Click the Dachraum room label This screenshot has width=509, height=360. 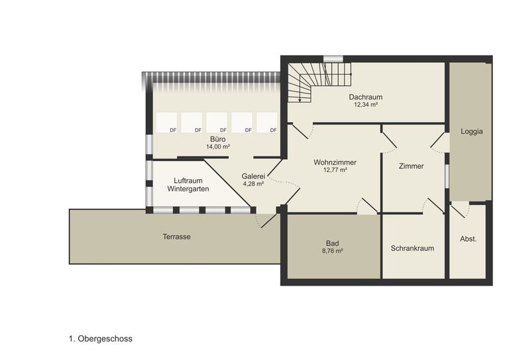[366, 97]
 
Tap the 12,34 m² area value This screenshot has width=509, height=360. [366, 105]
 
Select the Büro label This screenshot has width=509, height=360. [218, 139]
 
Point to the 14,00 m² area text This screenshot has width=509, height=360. [218, 147]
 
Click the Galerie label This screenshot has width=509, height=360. [253, 176]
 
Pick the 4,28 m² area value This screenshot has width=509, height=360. [253, 184]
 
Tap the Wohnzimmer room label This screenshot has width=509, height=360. [335, 162]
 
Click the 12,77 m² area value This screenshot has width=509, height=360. [335, 170]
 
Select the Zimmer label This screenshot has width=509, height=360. [412, 166]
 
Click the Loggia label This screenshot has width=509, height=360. [472, 131]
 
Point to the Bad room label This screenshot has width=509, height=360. [333, 243]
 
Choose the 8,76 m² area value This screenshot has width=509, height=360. [333, 251]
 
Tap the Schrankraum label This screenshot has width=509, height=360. [412, 249]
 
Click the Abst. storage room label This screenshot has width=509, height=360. [469, 239]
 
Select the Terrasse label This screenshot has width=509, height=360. [176, 237]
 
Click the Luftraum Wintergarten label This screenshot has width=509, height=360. [188, 185]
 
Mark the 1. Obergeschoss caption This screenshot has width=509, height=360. [101, 339]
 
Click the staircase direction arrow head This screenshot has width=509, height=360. [300, 100]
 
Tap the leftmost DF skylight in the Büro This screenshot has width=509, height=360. [166, 123]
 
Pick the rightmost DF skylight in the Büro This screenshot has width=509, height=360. [267, 123]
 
